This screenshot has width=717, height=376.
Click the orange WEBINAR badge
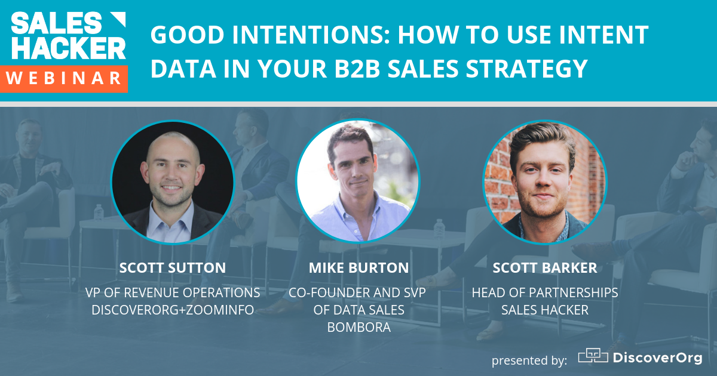(x=67, y=78)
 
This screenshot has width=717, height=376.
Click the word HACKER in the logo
(x=68, y=47)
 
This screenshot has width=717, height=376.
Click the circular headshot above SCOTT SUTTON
(x=173, y=181)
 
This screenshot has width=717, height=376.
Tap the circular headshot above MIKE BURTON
(x=358, y=181)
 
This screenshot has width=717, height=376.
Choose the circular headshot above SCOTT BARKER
(x=544, y=181)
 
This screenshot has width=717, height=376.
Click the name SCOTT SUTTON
(x=173, y=268)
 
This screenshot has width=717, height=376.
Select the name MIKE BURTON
(x=358, y=268)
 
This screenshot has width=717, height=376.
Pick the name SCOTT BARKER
(x=544, y=268)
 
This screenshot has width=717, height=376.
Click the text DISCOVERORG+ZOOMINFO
(x=173, y=310)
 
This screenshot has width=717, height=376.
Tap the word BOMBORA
(x=358, y=327)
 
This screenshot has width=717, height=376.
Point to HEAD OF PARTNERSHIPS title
(x=544, y=293)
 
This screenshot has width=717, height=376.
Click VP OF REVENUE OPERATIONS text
(x=173, y=293)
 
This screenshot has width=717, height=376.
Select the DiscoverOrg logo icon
(x=592, y=356)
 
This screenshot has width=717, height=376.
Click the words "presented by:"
(x=529, y=360)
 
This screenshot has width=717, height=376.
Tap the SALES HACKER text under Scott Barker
(x=544, y=310)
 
